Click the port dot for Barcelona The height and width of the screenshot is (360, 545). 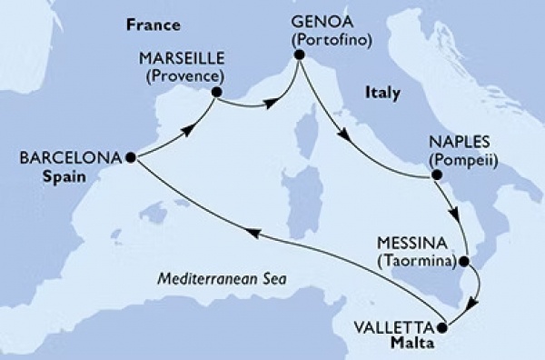131,156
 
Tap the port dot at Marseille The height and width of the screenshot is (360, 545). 216,91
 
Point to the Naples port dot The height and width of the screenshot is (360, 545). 437,175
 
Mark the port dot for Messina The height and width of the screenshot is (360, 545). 464,262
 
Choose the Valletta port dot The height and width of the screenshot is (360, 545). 442,327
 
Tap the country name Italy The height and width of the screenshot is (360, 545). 381,92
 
